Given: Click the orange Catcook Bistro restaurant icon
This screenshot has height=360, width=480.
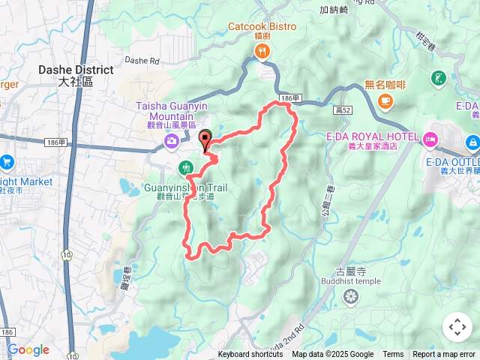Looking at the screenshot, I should [x=262, y=52].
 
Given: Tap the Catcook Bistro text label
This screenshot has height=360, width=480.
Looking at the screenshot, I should [x=262, y=27].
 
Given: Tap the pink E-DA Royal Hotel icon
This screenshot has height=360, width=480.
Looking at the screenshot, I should [x=430, y=138].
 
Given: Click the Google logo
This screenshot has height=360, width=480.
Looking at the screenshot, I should [x=28, y=349].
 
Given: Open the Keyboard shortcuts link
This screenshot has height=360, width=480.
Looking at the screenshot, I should [x=250, y=355].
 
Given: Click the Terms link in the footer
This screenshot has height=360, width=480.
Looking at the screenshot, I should [x=393, y=355].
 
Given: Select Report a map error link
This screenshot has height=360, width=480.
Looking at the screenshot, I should [x=444, y=355].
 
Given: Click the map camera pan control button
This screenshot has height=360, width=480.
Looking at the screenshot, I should [x=457, y=327].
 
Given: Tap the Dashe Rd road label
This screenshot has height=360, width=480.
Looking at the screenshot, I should [x=142, y=60].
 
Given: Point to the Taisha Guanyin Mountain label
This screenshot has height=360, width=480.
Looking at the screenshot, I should [x=166, y=112].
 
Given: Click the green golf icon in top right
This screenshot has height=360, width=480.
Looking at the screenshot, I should [x=439, y=78].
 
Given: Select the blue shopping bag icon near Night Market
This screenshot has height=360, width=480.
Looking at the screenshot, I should [x=6, y=161].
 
